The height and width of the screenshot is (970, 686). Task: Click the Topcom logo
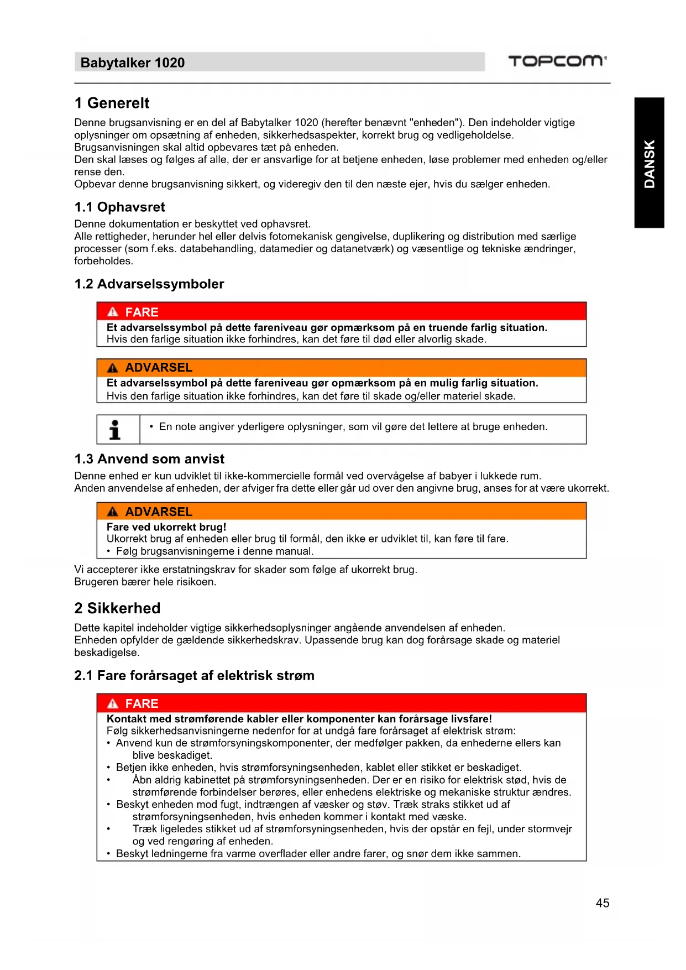click(x=557, y=61)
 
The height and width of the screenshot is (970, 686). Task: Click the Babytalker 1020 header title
click(x=133, y=62)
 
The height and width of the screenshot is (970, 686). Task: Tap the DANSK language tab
click(x=649, y=163)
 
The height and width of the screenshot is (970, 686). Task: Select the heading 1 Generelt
click(x=112, y=103)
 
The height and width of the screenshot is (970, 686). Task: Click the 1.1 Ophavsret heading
click(x=119, y=207)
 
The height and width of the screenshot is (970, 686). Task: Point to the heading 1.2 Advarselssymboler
click(x=149, y=284)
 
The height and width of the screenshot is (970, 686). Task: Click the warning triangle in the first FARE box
click(x=113, y=312)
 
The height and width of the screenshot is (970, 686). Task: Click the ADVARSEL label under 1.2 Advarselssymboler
click(x=159, y=367)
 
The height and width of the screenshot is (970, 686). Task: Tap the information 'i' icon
click(x=115, y=429)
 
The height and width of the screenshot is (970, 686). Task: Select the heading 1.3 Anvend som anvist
click(x=149, y=459)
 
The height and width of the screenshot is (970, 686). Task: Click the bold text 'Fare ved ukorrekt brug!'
click(x=166, y=526)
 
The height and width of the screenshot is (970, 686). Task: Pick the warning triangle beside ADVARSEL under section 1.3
click(x=113, y=512)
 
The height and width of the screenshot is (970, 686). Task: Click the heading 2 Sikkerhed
click(x=117, y=608)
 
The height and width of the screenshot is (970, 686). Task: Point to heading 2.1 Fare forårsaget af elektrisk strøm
click(x=194, y=675)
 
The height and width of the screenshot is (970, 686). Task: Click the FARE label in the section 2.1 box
click(x=142, y=703)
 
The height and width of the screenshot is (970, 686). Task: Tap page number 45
click(x=603, y=903)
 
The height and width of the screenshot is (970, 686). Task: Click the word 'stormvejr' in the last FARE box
click(x=549, y=828)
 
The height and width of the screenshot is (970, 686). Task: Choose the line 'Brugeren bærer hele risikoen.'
click(x=145, y=582)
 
